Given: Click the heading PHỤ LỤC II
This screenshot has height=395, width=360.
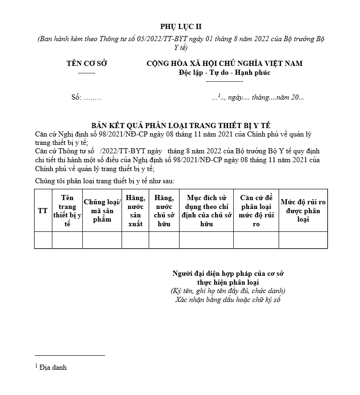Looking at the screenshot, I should (x=181, y=27).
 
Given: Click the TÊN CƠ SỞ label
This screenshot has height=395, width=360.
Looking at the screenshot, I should (x=86, y=64).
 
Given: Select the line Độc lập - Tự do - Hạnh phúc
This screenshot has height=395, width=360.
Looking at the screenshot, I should (x=224, y=72).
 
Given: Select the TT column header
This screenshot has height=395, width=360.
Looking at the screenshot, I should (x=43, y=211).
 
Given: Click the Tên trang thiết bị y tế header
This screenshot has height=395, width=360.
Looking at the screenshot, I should (x=67, y=211).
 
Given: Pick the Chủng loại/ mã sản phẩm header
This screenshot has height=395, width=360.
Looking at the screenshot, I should (x=102, y=210).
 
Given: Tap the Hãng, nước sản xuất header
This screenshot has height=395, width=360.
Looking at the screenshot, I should (x=135, y=211).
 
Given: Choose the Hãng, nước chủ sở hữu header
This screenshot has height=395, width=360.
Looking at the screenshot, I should (x=164, y=211).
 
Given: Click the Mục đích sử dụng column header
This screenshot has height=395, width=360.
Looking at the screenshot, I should (x=206, y=211).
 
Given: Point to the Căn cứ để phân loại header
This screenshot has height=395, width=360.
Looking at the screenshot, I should (x=256, y=211).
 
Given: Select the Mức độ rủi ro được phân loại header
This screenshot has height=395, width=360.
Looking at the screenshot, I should (x=303, y=210).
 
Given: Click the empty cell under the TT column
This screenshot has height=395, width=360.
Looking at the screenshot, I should (x=43, y=240).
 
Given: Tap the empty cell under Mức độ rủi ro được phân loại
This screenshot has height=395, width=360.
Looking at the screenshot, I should (x=303, y=240).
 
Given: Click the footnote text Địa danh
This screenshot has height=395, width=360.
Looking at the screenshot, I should (x=53, y=367).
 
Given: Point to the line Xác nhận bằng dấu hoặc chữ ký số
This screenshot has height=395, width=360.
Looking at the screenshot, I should (x=228, y=299).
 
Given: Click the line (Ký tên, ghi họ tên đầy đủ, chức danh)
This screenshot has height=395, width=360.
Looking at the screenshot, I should (x=228, y=291).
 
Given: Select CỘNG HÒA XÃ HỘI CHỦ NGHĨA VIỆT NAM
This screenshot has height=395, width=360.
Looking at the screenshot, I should (x=224, y=64).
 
